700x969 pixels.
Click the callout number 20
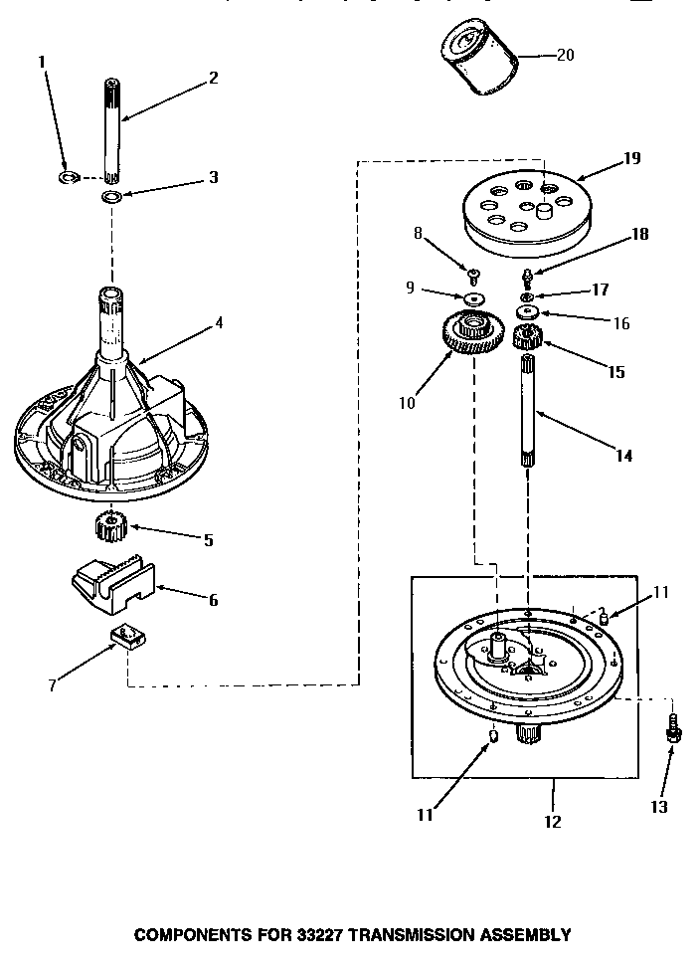click(x=565, y=55)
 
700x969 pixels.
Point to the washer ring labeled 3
click(x=113, y=196)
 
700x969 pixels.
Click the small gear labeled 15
click(x=526, y=339)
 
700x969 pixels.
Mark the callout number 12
click(x=553, y=822)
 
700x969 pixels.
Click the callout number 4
click(x=219, y=322)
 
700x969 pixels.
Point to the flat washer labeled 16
click(x=527, y=311)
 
